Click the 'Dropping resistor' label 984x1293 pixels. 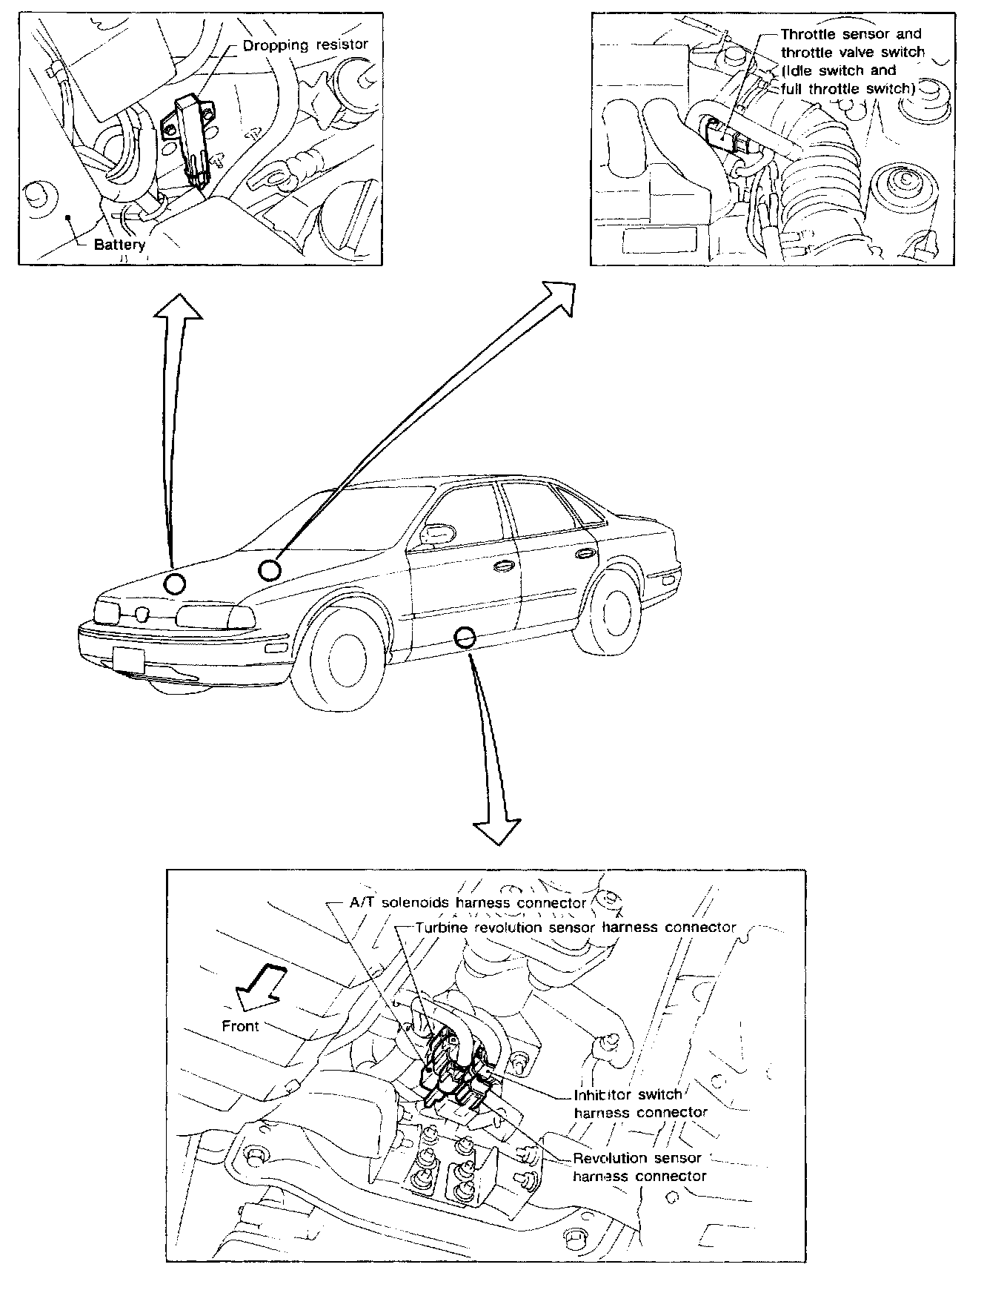point(305,45)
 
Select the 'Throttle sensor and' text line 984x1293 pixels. point(851,34)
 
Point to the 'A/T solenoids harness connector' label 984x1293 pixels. point(468,903)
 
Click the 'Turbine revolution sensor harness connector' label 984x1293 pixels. point(576,927)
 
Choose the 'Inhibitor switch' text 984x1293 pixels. point(628,1094)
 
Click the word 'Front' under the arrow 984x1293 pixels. point(241,1026)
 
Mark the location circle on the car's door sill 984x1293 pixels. point(465,637)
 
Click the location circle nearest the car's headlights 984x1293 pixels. point(175,584)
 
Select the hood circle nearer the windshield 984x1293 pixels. point(270,569)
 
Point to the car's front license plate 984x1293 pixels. point(127,658)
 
